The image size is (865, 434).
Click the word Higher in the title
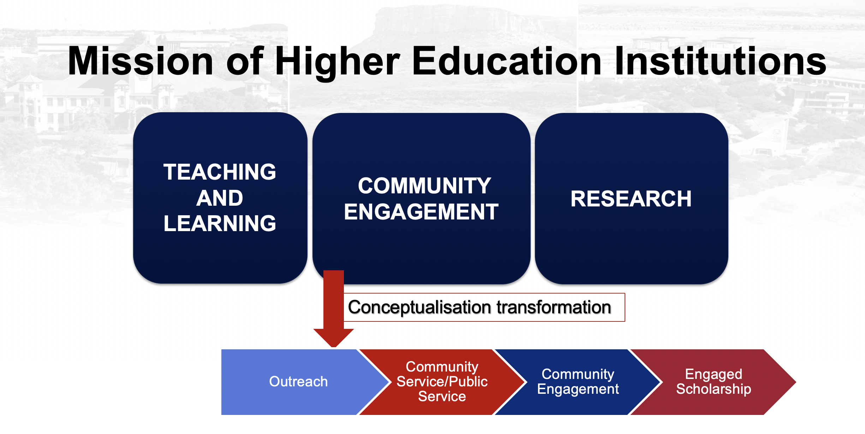tap(337, 61)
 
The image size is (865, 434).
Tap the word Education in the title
tap(506, 61)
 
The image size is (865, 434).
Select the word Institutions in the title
tap(720, 61)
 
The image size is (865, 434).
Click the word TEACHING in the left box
tap(220, 172)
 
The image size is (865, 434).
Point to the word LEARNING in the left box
tap(220, 224)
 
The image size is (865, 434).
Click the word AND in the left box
tap(220, 198)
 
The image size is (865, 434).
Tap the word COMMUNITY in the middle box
tap(424, 186)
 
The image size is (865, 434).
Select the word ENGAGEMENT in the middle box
tap(421, 212)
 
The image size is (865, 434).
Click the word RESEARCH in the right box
tap(631, 199)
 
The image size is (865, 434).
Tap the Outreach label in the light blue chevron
tap(298, 382)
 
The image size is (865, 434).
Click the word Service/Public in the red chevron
tap(442, 382)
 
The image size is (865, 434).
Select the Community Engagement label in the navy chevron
tap(578, 382)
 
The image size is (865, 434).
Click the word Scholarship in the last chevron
tap(714, 389)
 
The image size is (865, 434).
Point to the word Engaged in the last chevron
tap(714, 374)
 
